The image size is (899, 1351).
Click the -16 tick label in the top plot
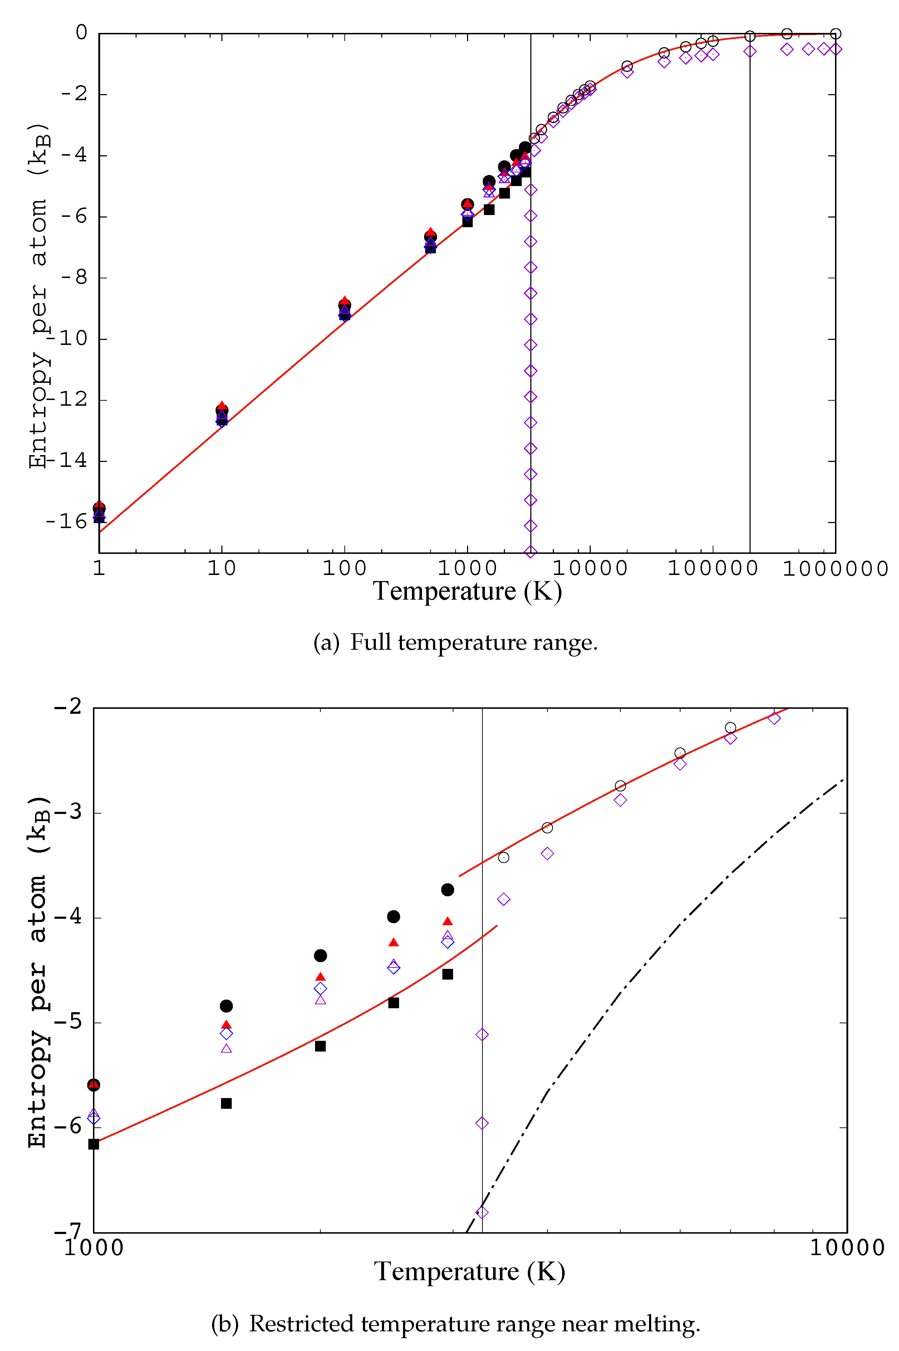[65, 521]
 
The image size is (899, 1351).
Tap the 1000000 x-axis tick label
[835, 569]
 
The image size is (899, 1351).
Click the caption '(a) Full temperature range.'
[455, 642]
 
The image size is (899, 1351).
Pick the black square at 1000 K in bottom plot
[93, 1144]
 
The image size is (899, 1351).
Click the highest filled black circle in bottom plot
[448, 890]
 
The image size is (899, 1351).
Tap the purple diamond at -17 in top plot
[531, 552]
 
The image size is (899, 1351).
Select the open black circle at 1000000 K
[835, 34]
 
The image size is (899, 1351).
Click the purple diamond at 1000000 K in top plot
[835, 49]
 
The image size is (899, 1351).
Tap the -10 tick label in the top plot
[65, 338]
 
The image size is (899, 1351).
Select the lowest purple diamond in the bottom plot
[482, 1212]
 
